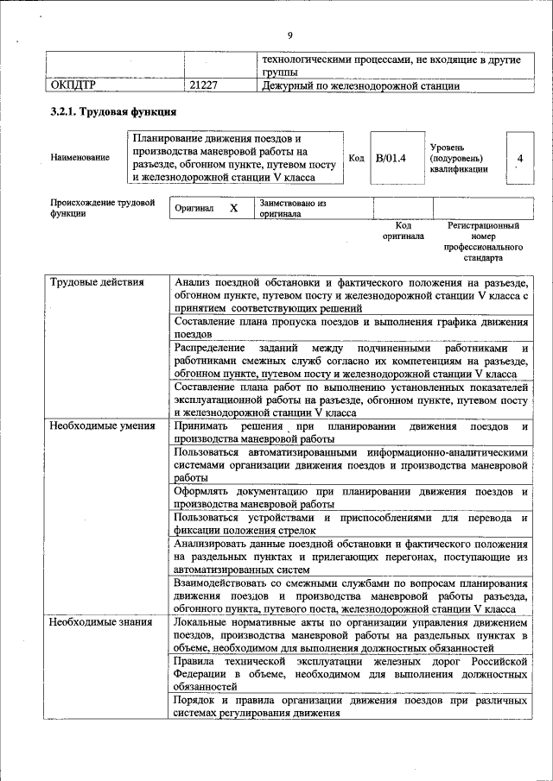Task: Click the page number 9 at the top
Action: point(290,35)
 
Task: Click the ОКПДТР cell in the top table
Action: point(73,85)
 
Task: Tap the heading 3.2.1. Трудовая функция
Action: point(113,112)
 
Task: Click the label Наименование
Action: point(80,158)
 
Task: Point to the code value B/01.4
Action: point(391,158)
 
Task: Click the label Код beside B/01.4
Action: point(356,158)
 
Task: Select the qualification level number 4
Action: point(519,159)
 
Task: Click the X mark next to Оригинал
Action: point(233,209)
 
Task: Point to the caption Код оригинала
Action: point(404,230)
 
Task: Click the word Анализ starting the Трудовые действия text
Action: point(193,282)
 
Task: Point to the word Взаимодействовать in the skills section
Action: point(225,583)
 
